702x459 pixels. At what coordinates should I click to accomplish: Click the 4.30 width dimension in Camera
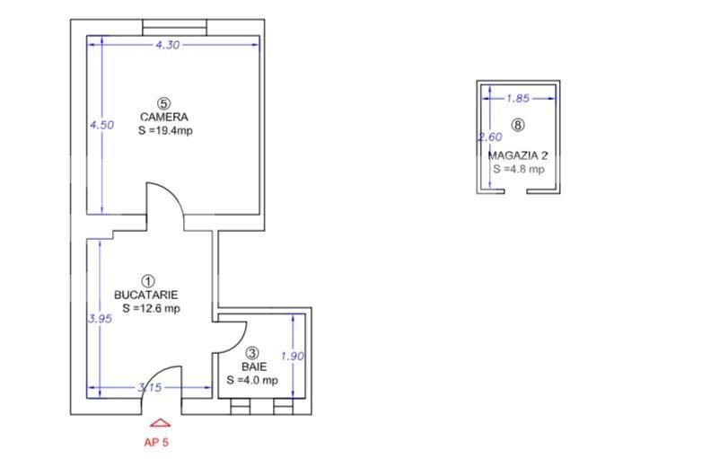[x=168, y=45]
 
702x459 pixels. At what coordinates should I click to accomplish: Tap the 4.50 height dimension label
[x=101, y=125]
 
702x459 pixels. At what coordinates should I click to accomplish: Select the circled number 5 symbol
[x=164, y=104]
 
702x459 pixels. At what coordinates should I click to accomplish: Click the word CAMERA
[x=164, y=118]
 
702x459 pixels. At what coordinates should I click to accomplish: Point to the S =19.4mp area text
[x=165, y=131]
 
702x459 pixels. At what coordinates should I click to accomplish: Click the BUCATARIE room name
[x=146, y=296]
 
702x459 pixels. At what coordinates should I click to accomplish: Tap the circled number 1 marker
[x=148, y=281]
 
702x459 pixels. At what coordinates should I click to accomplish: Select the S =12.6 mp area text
[x=152, y=308]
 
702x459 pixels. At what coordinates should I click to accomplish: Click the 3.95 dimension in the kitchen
[x=100, y=319]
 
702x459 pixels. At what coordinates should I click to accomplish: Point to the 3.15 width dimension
[x=150, y=387]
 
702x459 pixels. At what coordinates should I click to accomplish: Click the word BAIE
[x=254, y=366]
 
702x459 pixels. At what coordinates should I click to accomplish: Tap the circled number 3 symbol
[x=253, y=353]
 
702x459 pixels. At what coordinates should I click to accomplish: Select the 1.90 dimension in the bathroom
[x=292, y=357]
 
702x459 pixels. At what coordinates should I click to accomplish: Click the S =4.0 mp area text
[x=252, y=380]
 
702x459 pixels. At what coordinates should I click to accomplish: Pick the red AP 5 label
[x=156, y=443]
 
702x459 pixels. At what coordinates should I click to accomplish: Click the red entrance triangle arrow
[x=161, y=423]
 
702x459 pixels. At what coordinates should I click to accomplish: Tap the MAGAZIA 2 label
[x=518, y=155]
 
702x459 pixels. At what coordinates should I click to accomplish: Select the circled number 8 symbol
[x=518, y=125]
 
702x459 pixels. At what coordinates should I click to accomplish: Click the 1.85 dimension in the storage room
[x=518, y=98]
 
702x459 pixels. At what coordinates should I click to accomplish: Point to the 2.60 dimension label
[x=490, y=137]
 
